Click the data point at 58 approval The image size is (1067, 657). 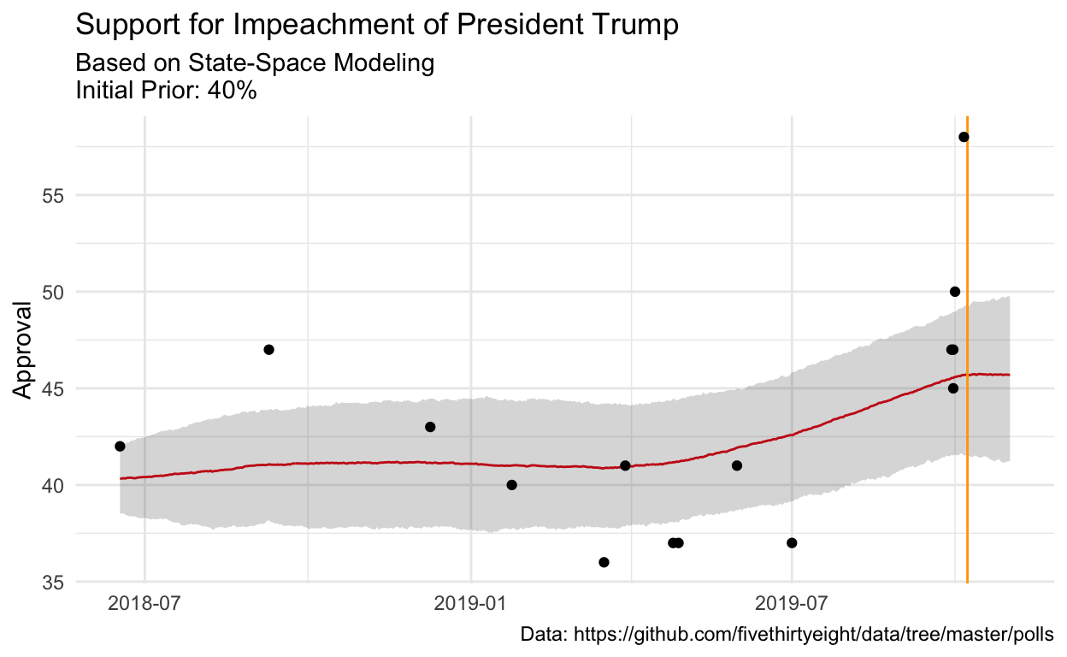pyautogui.click(x=964, y=137)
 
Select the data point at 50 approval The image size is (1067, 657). pyautogui.click(x=955, y=292)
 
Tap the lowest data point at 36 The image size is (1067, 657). pyautogui.click(x=604, y=562)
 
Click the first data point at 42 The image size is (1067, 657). pyautogui.click(x=120, y=447)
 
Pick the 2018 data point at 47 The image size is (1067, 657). pyautogui.click(x=268, y=350)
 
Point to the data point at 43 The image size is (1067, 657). pyautogui.click(x=430, y=427)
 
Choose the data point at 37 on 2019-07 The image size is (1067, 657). pyautogui.click(x=792, y=543)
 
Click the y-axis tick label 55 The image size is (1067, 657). pyautogui.click(x=54, y=195)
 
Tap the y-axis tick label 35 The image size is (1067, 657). pyautogui.click(x=54, y=583)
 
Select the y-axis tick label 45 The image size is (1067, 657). pyautogui.click(x=54, y=388)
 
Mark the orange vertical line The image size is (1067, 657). pyautogui.click(x=967, y=428)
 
